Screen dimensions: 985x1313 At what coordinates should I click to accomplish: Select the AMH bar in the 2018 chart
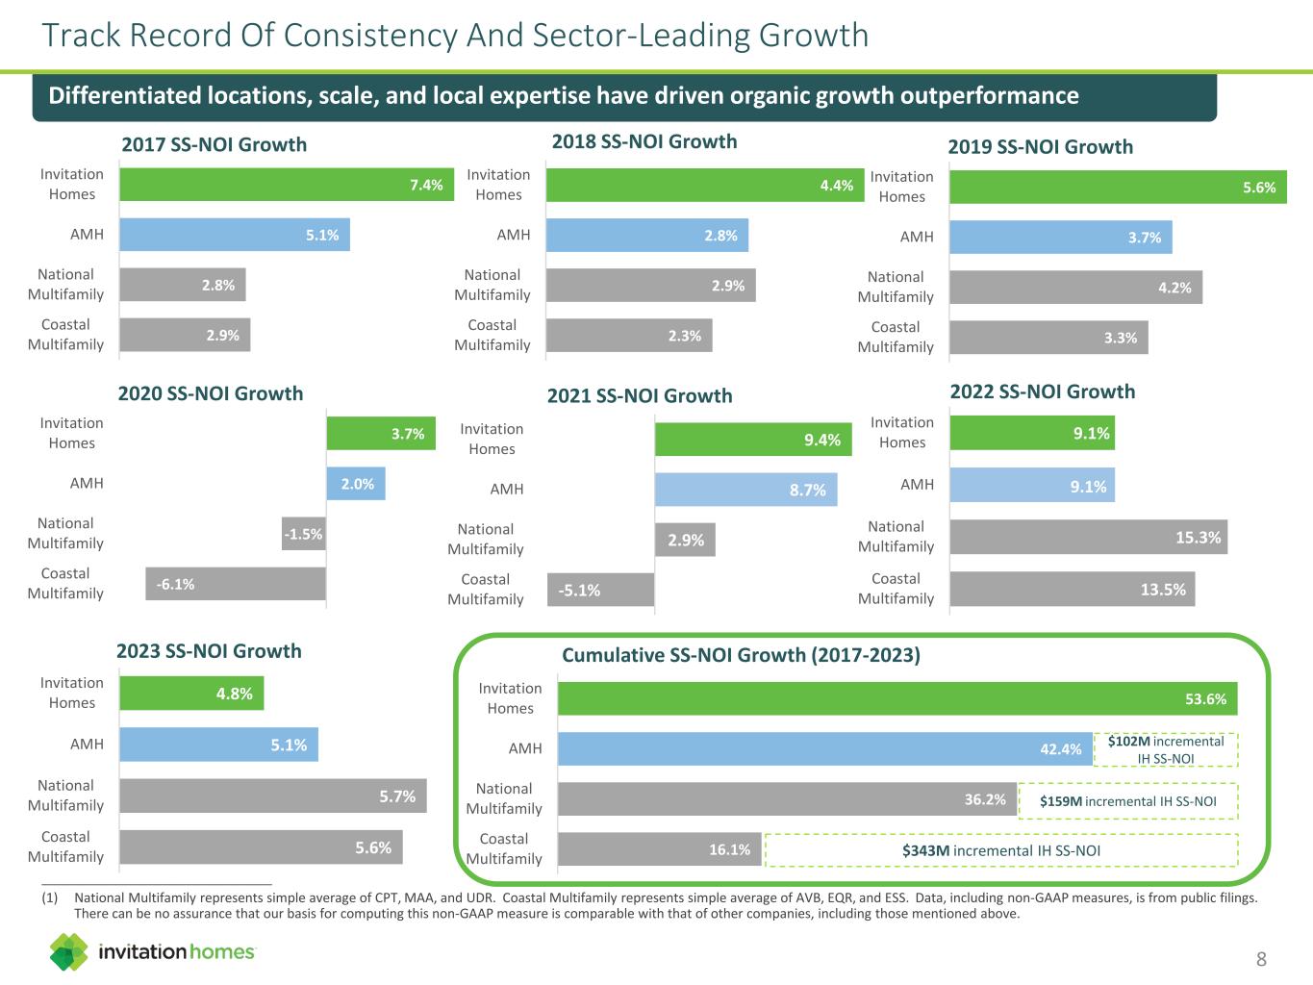(x=646, y=236)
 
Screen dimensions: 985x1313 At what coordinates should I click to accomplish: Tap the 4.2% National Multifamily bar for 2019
(x=1075, y=288)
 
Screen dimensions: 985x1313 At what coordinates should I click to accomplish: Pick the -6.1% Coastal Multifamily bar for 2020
(x=236, y=584)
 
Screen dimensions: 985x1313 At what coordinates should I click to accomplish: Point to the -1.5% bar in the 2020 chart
(x=304, y=534)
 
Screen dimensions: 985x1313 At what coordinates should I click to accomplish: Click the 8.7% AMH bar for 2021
(x=745, y=490)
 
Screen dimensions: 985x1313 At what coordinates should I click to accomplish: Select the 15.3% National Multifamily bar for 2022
(x=1088, y=538)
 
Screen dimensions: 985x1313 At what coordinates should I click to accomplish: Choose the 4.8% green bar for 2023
(x=191, y=694)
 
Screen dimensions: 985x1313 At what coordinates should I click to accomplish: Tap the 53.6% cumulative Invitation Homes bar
(x=896, y=699)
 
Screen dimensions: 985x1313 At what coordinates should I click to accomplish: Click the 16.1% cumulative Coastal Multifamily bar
(x=659, y=849)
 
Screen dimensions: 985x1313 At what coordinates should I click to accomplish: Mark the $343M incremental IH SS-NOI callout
(x=1000, y=850)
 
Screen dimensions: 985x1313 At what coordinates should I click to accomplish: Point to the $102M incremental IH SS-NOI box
(x=1166, y=749)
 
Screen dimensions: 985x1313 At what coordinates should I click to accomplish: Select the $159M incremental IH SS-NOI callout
(x=1127, y=801)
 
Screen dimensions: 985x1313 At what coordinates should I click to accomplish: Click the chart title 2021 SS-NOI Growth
(x=640, y=395)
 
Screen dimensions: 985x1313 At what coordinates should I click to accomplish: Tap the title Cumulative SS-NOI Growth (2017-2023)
(x=741, y=655)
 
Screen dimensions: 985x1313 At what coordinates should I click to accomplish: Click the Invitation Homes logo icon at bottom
(x=69, y=951)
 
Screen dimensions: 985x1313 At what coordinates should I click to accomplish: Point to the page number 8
(x=1261, y=959)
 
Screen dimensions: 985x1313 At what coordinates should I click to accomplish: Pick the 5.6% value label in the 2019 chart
(x=1258, y=188)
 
